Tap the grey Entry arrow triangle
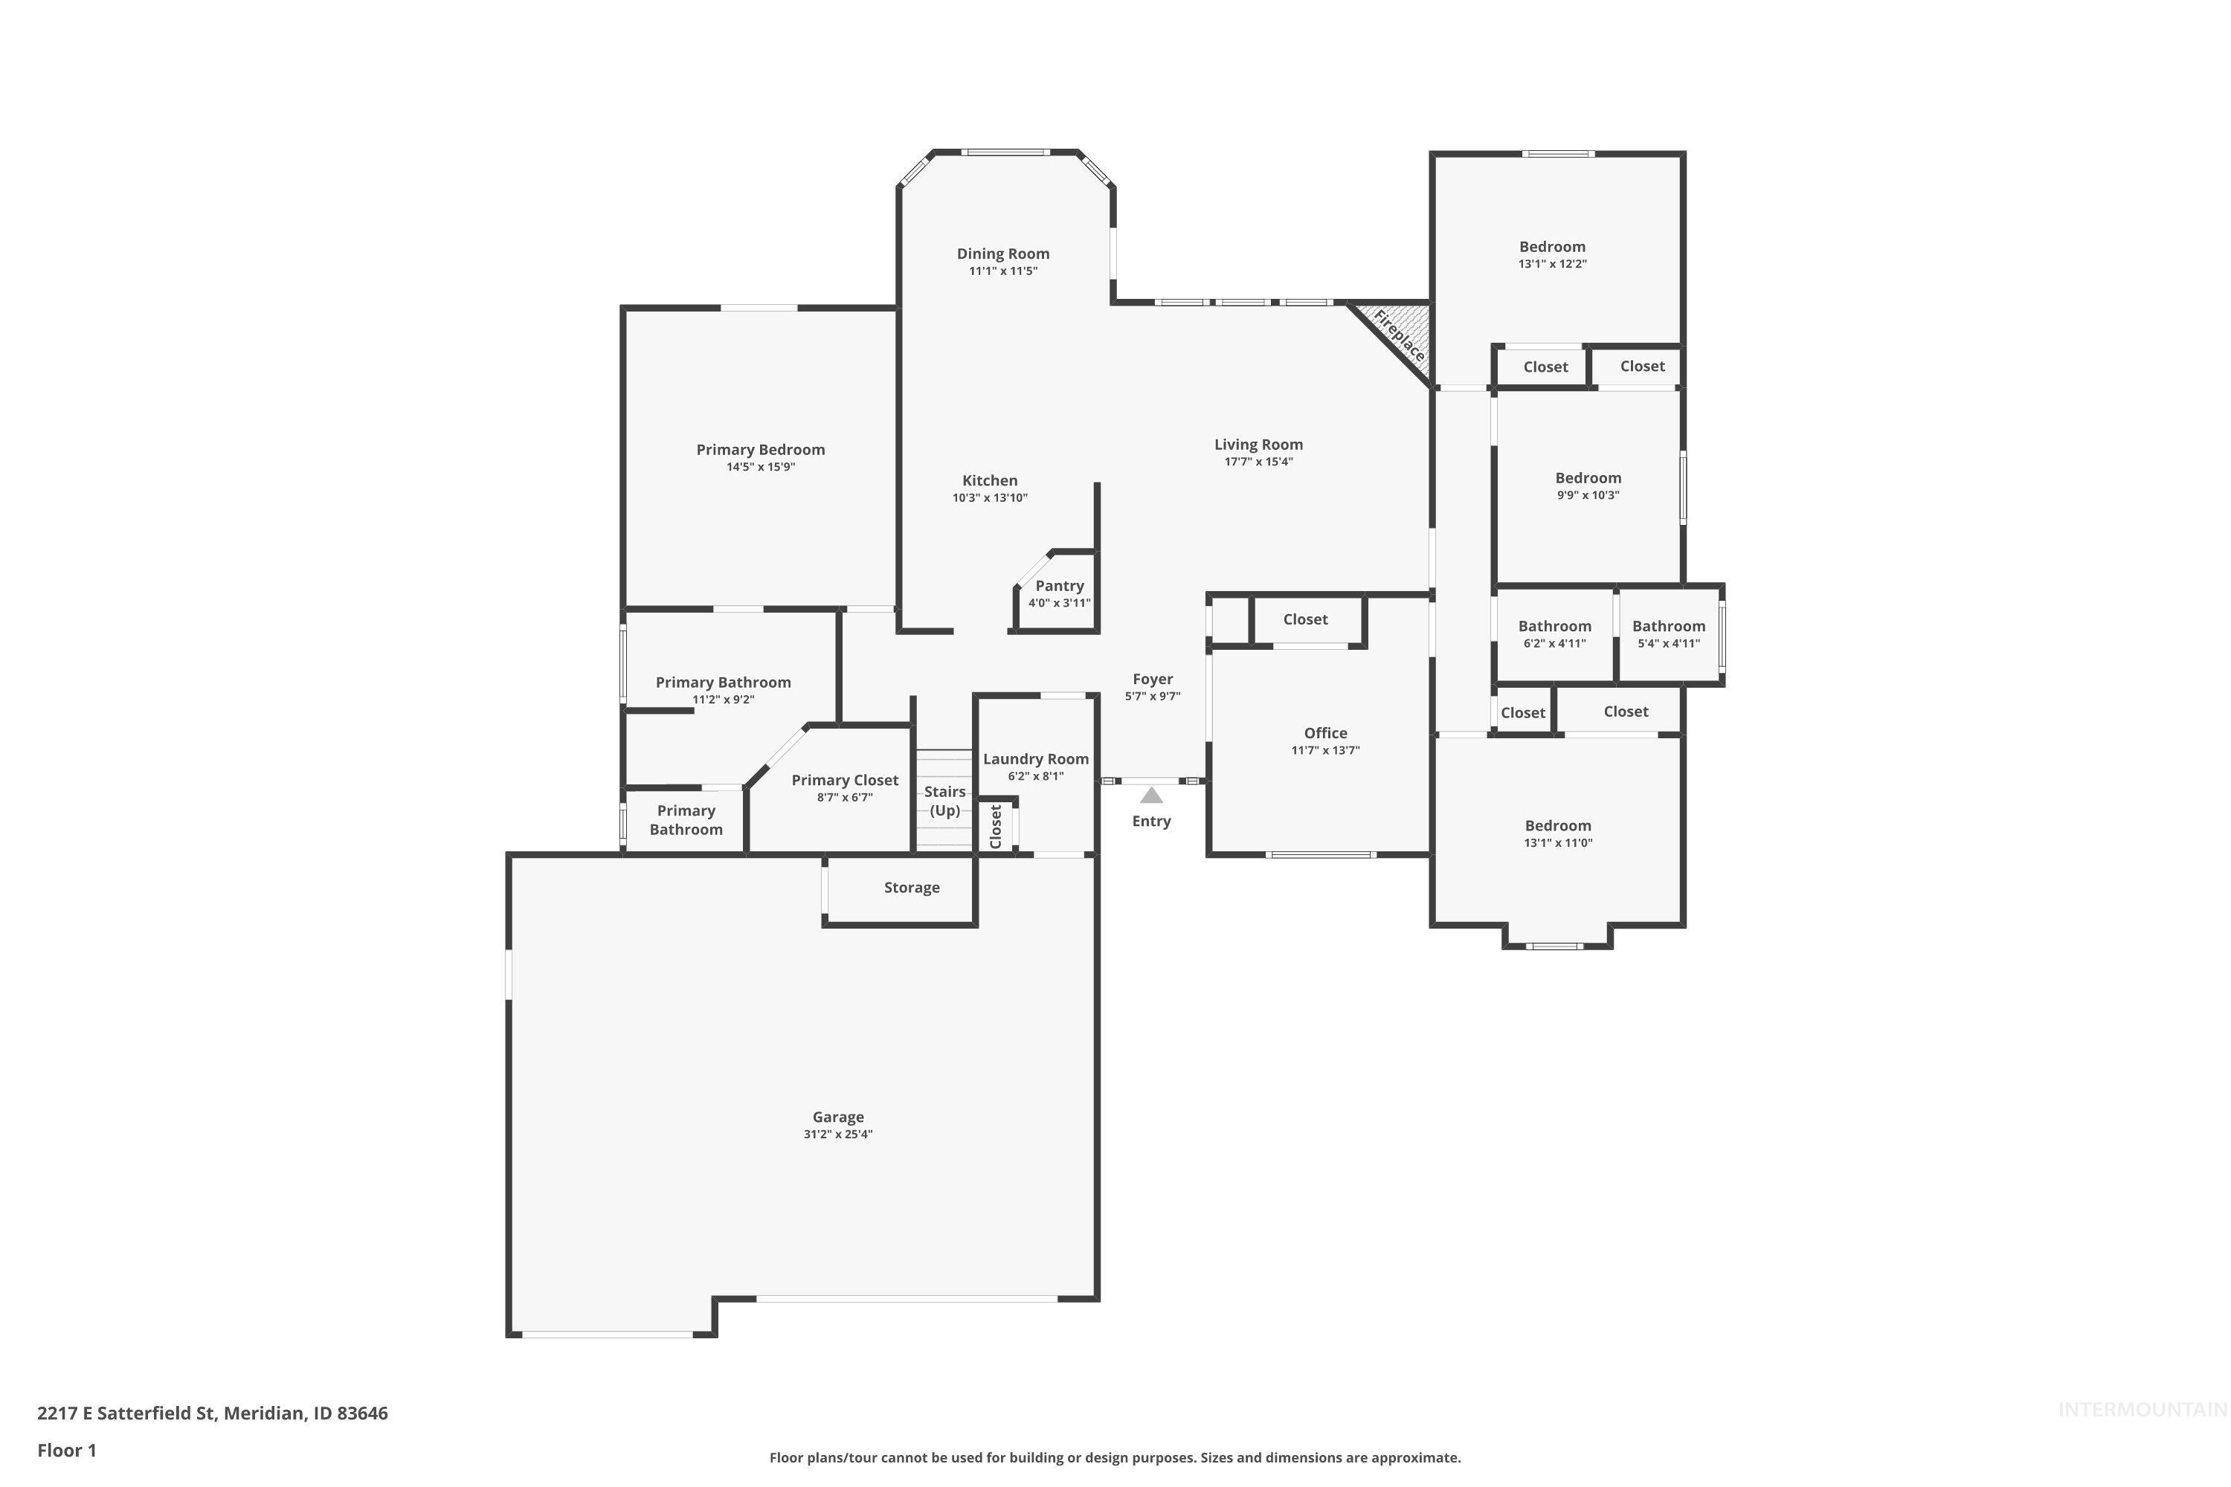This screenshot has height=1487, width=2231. (x=1150, y=796)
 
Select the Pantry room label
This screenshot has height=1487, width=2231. (x=1060, y=586)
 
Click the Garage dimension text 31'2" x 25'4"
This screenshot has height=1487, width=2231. (x=837, y=1135)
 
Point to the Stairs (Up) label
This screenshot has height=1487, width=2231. (x=944, y=801)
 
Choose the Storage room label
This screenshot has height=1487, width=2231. (x=912, y=888)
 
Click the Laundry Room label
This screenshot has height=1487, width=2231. (x=1036, y=758)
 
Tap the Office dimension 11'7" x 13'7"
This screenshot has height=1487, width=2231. (x=1325, y=750)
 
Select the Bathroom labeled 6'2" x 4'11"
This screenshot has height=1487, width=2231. (x=1555, y=626)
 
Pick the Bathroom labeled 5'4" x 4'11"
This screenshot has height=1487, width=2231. (x=1669, y=626)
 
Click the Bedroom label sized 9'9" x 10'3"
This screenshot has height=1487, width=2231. (x=1588, y=478)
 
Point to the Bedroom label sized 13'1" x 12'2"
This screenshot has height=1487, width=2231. (x=1552, y=247)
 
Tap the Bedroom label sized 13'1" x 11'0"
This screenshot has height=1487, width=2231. (x=1557, y=826)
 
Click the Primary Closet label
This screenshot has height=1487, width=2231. (x=844, y=781)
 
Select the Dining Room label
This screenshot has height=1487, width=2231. (x=1002, y=254)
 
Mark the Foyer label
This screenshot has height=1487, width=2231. (x=1153, y=679)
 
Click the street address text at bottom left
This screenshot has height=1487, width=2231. (x=213, y=1413)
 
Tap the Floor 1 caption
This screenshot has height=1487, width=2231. (x=66, y=1450)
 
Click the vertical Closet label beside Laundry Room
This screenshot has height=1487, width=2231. (x=995, y=826)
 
